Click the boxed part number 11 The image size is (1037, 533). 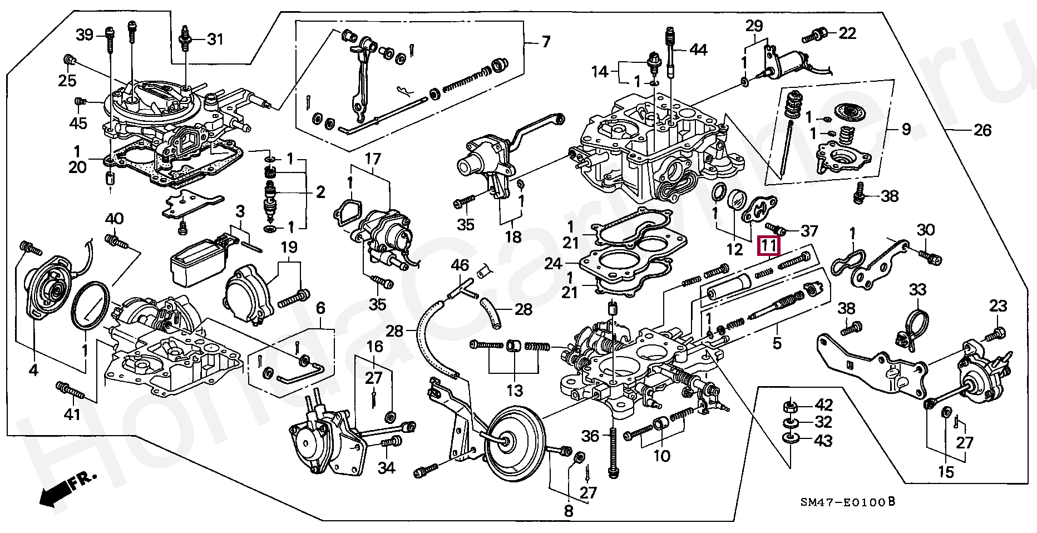point(769,246)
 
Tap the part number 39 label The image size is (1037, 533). point(85,35)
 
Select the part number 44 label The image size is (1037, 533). point(698,50)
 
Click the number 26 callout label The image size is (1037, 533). point(982,130)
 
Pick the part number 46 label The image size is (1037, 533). point(460,265)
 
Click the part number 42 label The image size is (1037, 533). point(823,406)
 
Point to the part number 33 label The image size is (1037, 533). point(917,289)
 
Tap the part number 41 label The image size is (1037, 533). point(72,414)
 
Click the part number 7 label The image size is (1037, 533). point(546,42)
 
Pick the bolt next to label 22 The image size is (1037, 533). point(814,36)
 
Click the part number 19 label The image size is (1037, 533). point(289,247)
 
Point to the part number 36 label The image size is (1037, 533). point(590,436)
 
